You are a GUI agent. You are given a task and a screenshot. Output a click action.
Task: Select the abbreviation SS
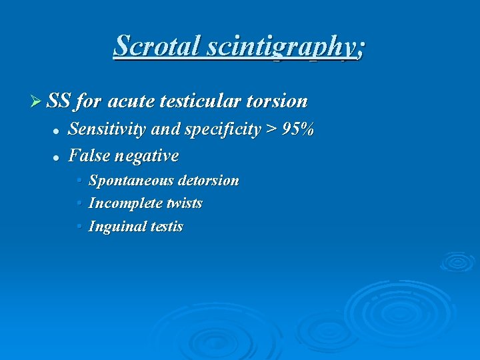[59, 101]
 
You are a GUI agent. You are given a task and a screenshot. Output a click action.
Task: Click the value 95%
[298, 129]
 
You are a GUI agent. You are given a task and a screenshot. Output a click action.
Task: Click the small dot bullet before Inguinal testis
[80, 226]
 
